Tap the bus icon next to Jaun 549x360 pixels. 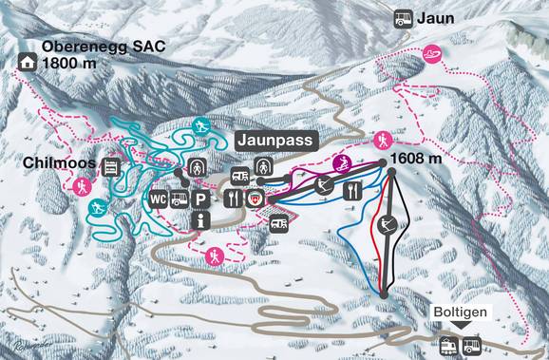click(404, 17)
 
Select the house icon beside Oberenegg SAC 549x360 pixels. click(26, 62)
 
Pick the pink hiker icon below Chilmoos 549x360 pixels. click(81, 185)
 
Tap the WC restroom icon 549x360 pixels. click(157, 199)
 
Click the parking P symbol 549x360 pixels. click(199, 199)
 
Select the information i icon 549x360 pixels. click(199, 220)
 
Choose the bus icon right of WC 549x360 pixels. click(178, 199)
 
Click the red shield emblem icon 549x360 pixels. click(255, 199)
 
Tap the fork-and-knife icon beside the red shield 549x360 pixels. click(234, 199)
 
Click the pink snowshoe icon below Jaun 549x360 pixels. click(433, 54)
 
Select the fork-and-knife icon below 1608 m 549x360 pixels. click(353, 190)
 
